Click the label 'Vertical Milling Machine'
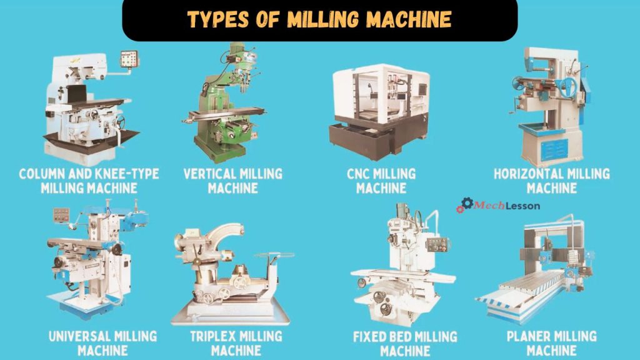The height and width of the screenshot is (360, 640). click(x=232, y=180)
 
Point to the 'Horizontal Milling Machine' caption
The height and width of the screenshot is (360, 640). click(x=551, y=180)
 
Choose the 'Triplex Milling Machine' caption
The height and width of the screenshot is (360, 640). click(x=236, y=343)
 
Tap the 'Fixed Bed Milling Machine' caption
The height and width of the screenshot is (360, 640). click(x=406, y=343)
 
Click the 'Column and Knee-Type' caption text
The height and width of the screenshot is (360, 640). click(x=89, y=173)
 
